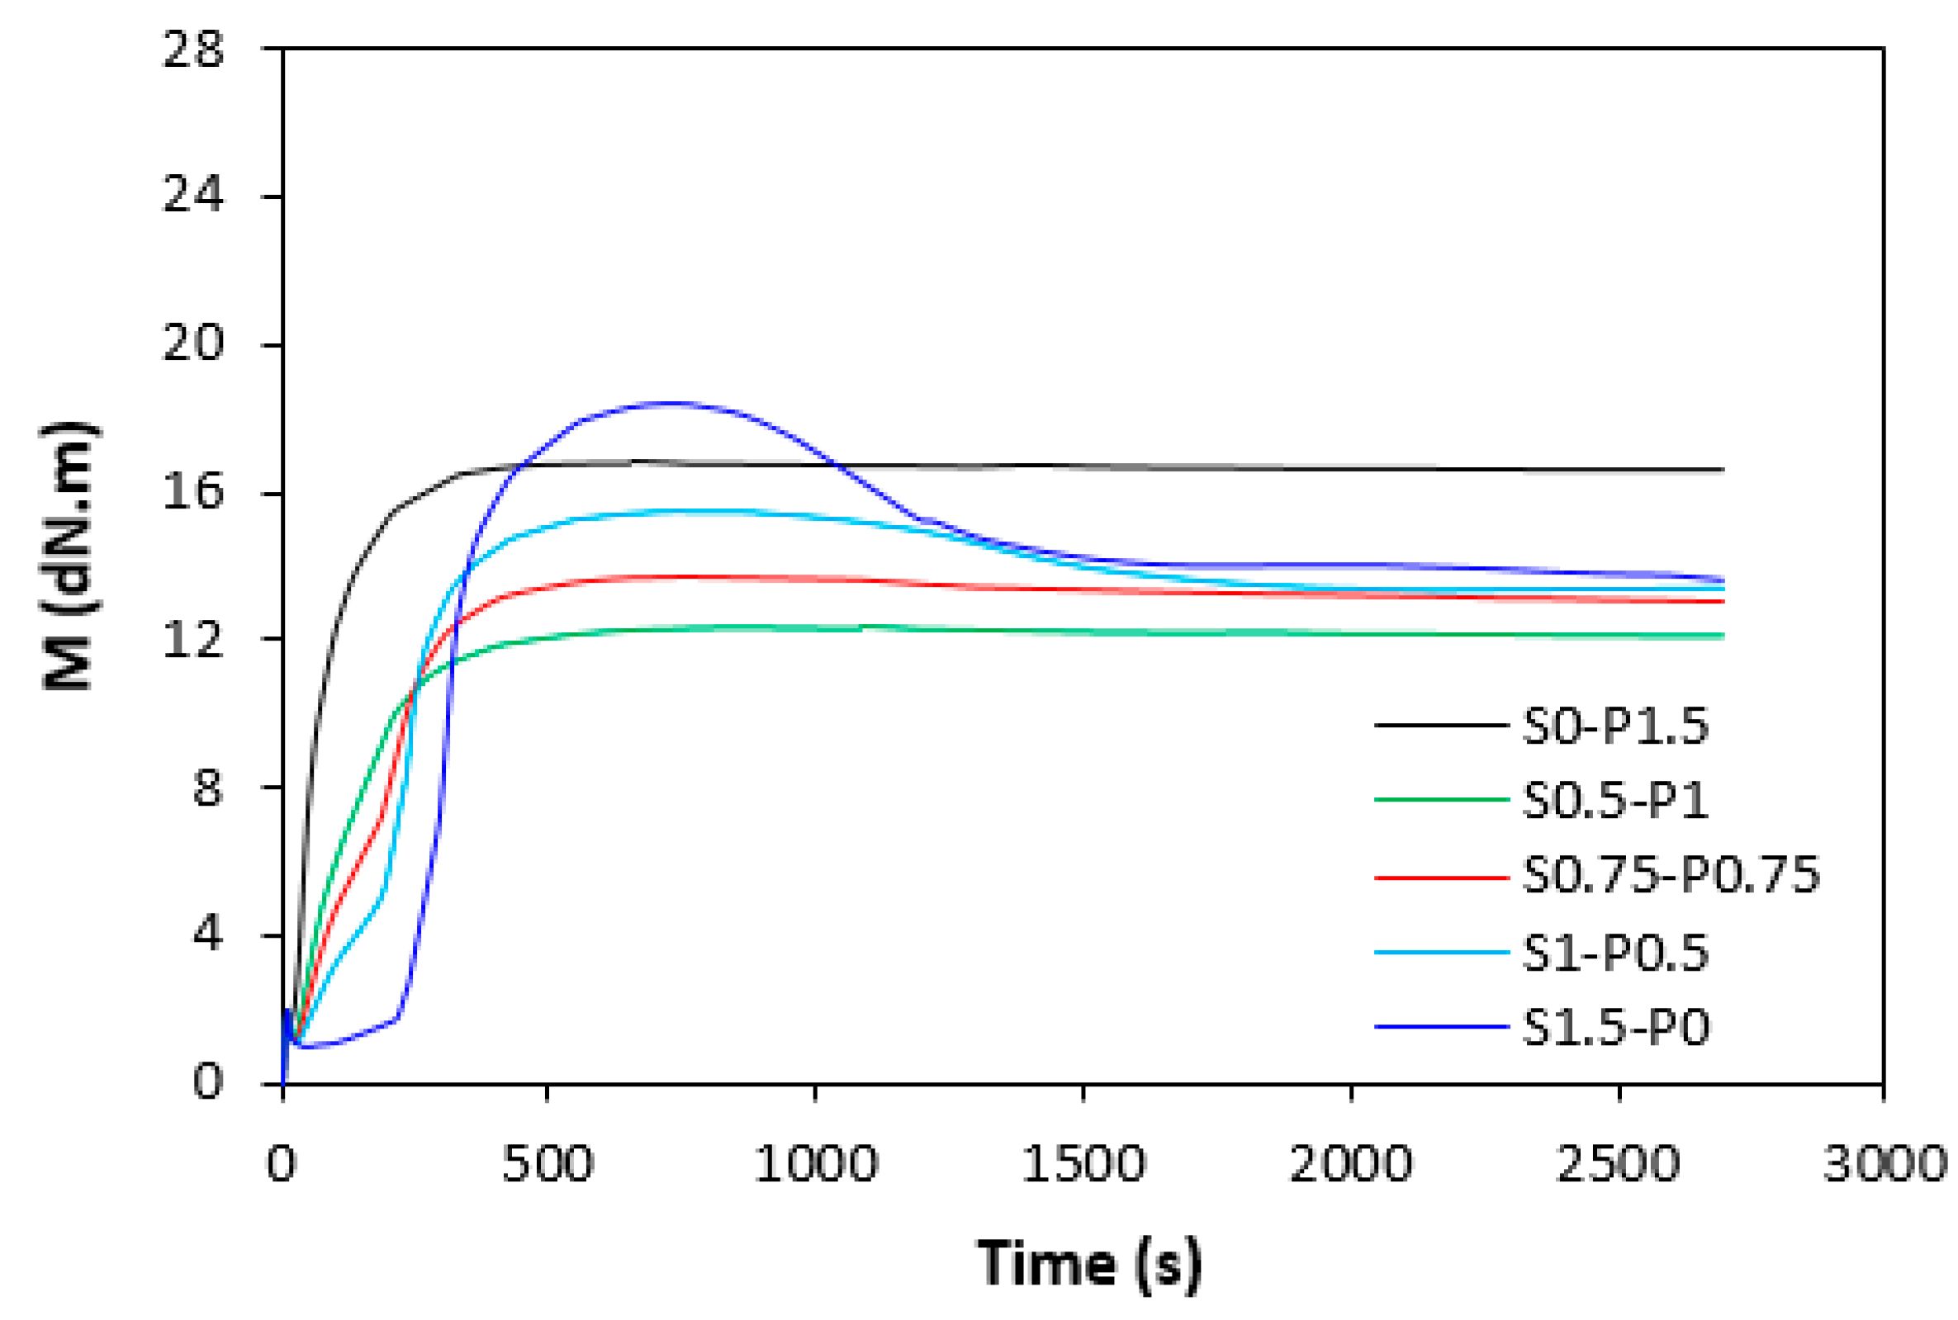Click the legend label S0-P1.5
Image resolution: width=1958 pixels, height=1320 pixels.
tap(1614, 726)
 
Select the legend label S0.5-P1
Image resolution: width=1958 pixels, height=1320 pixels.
tap(1614, 800)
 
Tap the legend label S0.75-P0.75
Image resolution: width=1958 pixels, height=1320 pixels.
tap(1671, 876)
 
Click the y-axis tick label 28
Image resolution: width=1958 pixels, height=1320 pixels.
tap(193, 50)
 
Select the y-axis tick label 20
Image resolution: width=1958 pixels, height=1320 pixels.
tap(193, 344)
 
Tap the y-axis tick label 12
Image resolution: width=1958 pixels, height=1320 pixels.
tap(193, 641)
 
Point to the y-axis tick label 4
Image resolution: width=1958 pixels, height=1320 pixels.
tap(207, 934)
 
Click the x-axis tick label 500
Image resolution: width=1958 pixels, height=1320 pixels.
tap(548, 1165)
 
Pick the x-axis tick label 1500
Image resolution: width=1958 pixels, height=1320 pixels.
tap(1083, 1165)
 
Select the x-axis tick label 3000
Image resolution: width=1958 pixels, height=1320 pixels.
tap(1885, 1165)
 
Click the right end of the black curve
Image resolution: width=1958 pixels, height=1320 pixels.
tap(1722, 470)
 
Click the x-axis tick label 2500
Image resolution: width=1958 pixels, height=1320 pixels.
tap(1618, 1165)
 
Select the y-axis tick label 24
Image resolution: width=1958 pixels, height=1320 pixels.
tap(193, 196)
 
